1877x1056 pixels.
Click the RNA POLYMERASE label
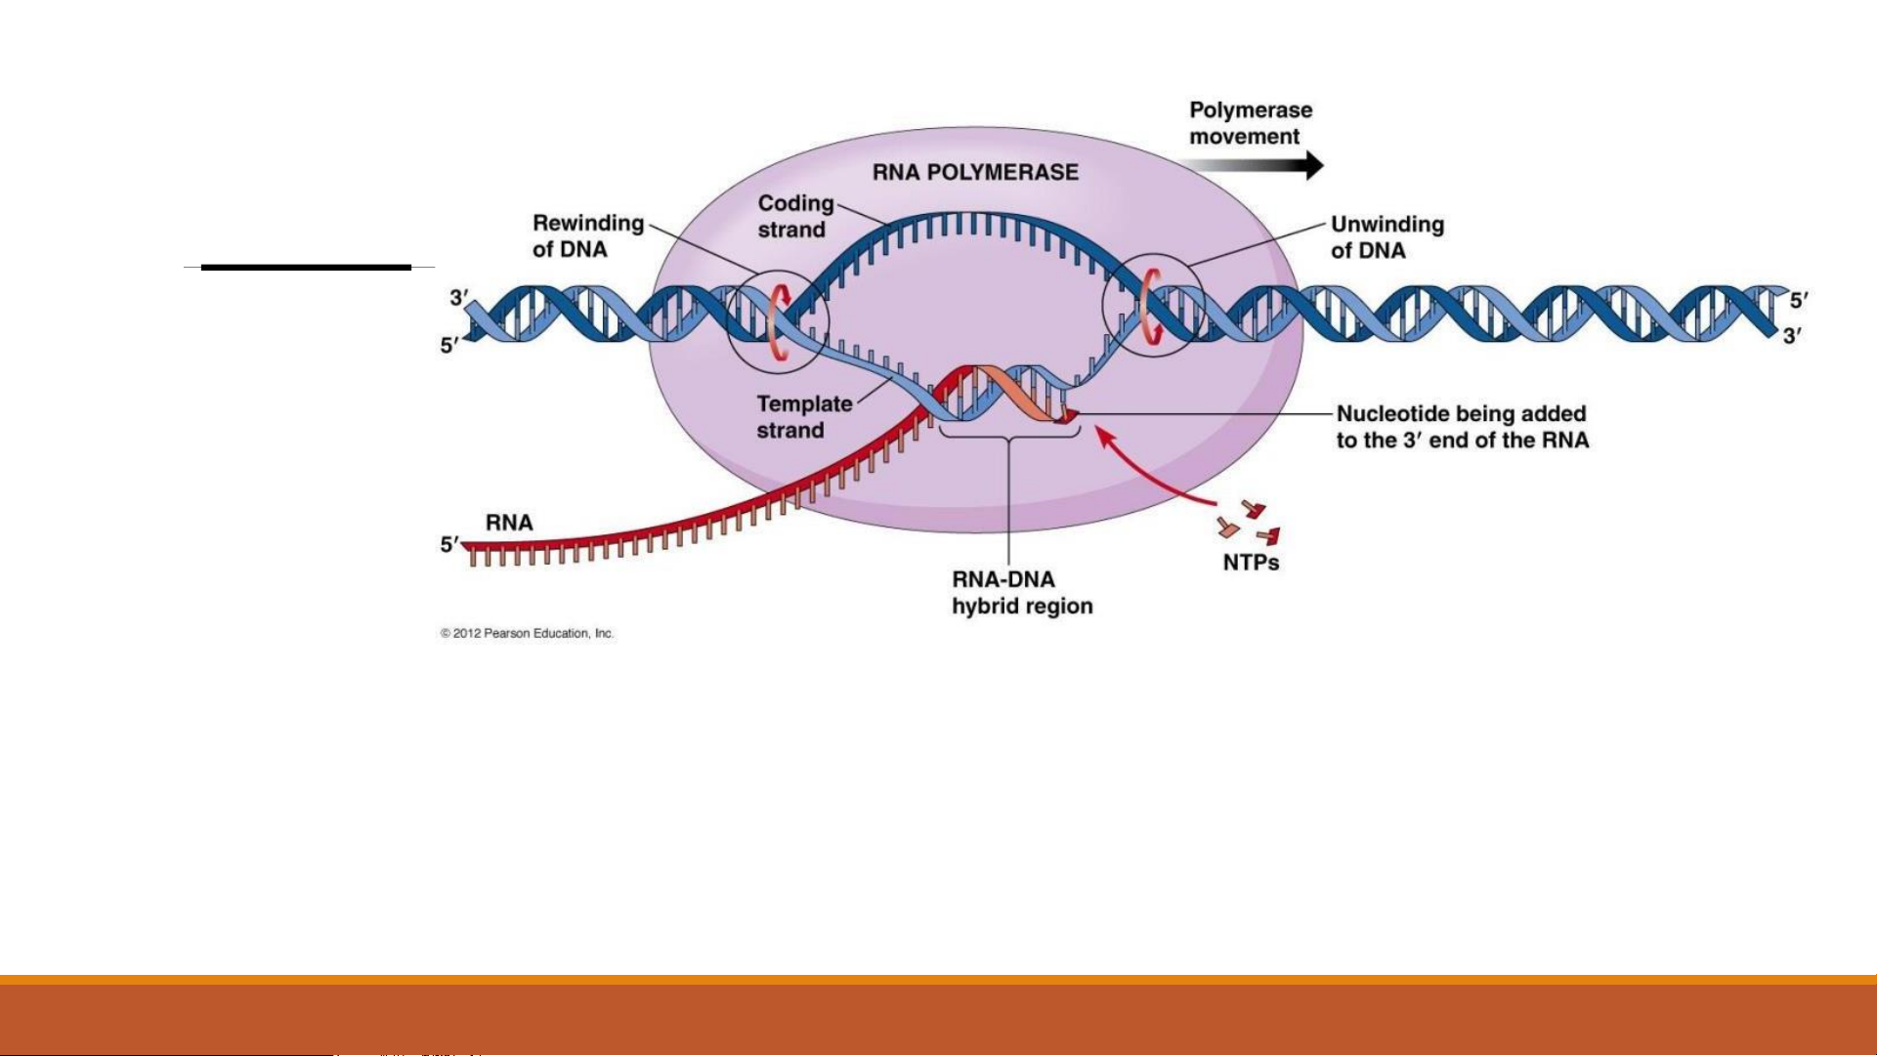[975, 173]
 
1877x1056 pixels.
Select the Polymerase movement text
[1250, 123]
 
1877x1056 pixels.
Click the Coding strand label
[795, 216]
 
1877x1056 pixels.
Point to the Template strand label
[803, 417]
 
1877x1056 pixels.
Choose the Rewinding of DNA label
[587, 236]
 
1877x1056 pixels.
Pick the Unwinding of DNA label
[1386, 237]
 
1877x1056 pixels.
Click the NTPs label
[1251, 563]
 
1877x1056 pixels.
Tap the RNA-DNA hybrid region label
[1021, 593]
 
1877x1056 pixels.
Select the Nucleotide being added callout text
[1462, 427]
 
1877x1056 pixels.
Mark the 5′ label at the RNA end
[449, 544]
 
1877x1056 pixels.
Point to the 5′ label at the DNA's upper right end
[1799, 301]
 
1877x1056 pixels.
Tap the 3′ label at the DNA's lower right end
[1792, 337]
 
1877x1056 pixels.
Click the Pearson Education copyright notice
[527, 633]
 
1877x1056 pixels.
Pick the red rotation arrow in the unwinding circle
[1148, 307]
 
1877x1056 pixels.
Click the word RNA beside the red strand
[509, 523]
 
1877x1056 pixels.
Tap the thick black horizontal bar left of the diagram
[306, 267]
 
